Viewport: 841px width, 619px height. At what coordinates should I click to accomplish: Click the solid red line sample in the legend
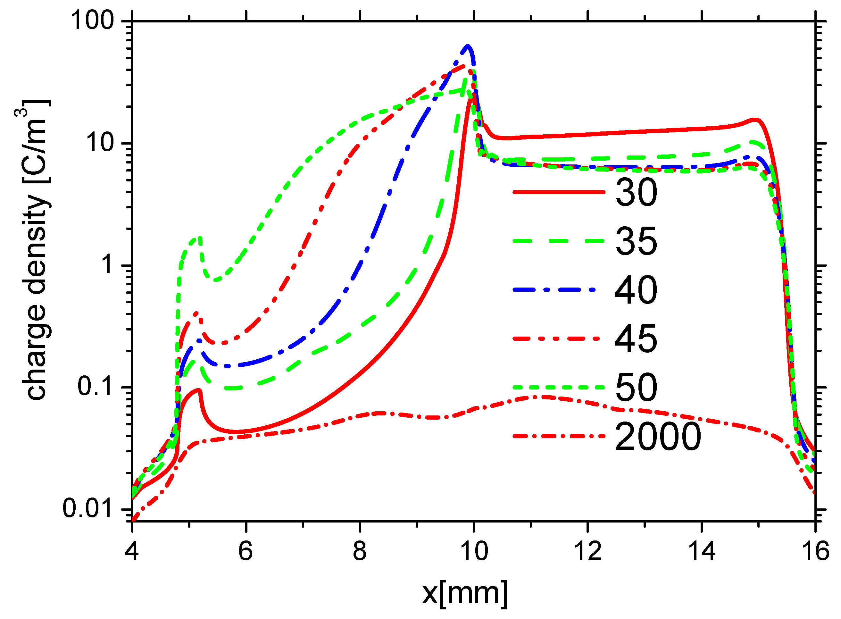[x=559, y=192]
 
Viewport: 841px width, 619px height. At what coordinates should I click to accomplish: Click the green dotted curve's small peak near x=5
[x=198, y=238]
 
